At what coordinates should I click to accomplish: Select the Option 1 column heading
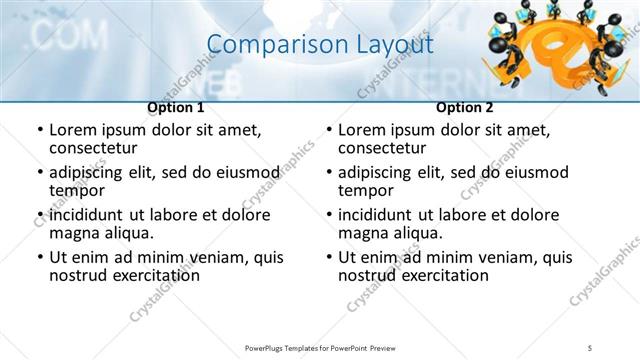(176, 107)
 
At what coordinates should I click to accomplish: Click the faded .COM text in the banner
(69, 36)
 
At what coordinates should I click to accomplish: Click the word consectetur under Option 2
(383, 149)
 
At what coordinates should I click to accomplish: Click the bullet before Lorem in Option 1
(39, 131)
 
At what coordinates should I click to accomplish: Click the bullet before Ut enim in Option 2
(328, 257)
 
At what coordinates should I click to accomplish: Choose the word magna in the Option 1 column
(73, 233)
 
